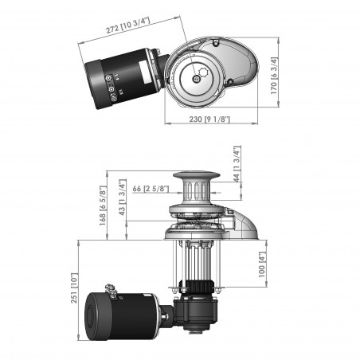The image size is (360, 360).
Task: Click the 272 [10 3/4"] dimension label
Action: point(136,25)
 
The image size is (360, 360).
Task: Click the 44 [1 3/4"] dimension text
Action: point(236,163)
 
